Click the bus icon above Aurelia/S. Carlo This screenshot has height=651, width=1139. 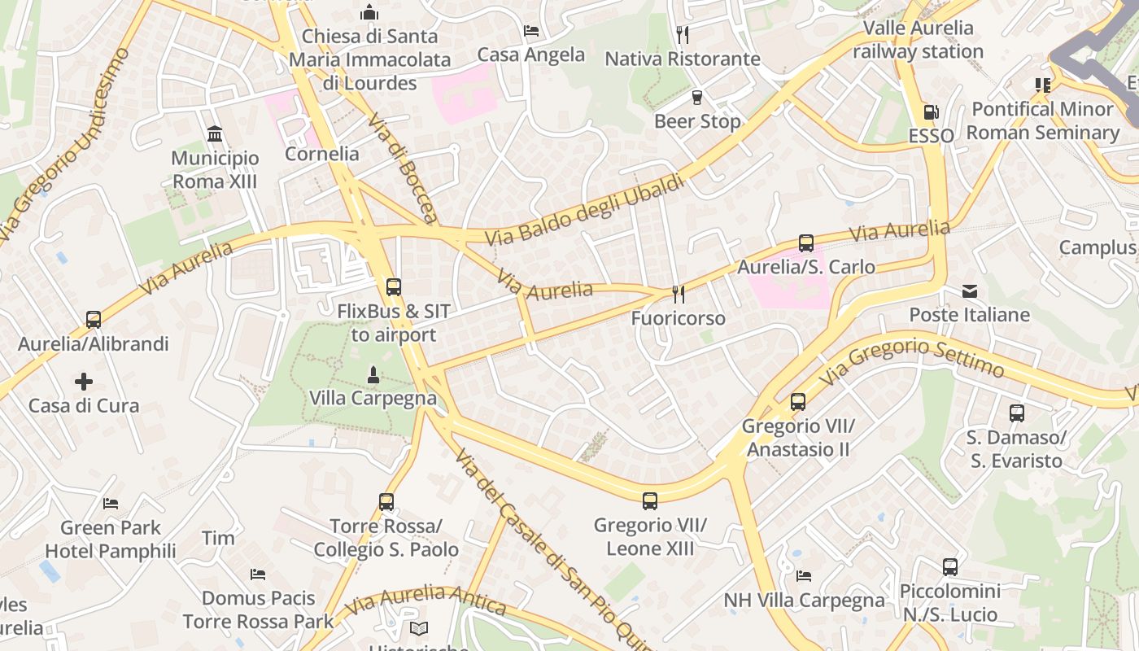pos(805,242)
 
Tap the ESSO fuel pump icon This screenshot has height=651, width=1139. pos(931,112)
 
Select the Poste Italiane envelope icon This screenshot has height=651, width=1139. pos(969,291)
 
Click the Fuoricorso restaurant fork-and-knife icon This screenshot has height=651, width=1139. pos(678,294)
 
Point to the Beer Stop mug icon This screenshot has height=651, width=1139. pos(696,98)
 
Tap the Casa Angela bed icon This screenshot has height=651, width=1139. pos(531,31)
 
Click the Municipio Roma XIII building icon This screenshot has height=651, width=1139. pos(215,133)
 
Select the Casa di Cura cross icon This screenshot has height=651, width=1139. pos(83,381)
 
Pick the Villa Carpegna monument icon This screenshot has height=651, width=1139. pos(373,374)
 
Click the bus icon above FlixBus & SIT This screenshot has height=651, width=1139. pos(393,286)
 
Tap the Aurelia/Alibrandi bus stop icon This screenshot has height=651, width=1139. pos(93,320)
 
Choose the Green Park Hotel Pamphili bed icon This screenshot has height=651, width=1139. pos(111,504)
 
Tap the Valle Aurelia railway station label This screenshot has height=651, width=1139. pos(918,39)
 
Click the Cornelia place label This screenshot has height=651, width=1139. pos(322,154)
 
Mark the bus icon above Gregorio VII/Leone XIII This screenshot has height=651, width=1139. pos(649,500)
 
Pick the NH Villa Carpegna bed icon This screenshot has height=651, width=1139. pos(804,576)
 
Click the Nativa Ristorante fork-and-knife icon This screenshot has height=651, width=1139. pos(683,34)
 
